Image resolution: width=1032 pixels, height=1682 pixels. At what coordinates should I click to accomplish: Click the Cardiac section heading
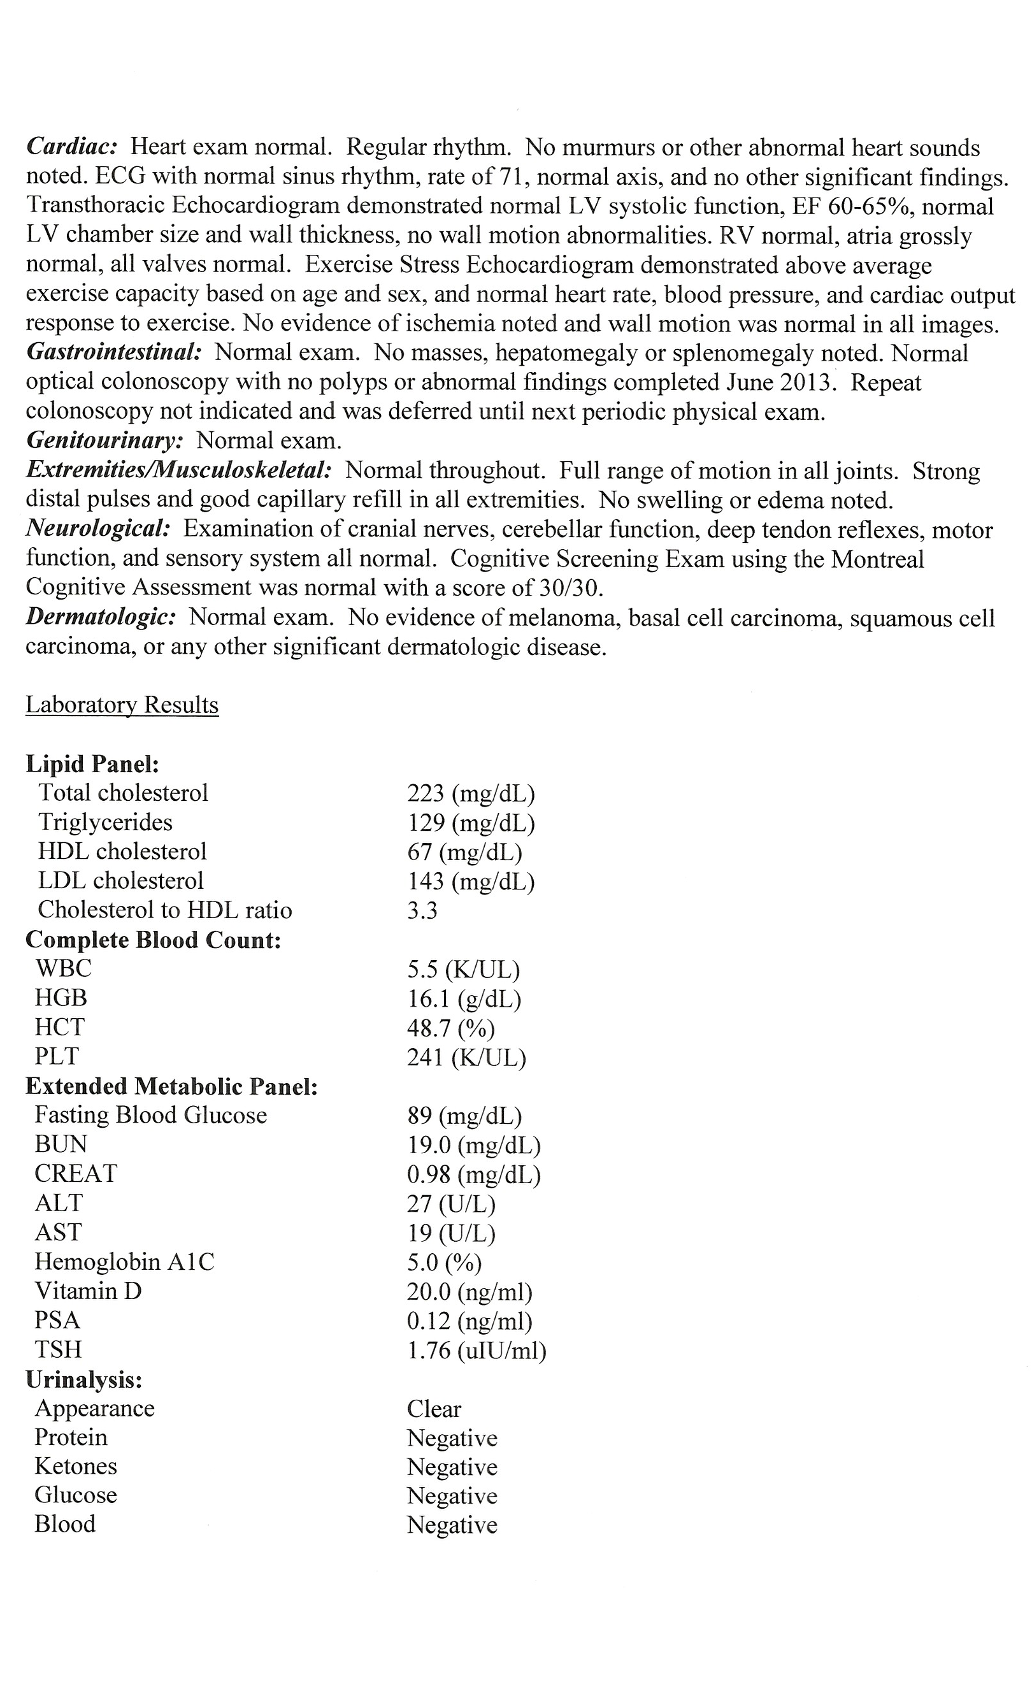(73, 147)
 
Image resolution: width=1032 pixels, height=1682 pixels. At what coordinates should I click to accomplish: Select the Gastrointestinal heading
(114, 352)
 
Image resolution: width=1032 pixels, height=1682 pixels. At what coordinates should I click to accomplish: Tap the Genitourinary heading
(104, 440)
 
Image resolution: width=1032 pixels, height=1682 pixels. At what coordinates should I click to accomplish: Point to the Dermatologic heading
(101, 617)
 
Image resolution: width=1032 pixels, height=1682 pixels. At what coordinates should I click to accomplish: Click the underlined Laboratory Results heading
(122, 705)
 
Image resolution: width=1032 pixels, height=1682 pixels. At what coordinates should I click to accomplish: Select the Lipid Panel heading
(92, 764)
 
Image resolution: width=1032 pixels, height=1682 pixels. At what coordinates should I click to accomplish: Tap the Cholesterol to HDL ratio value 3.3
(422, 910)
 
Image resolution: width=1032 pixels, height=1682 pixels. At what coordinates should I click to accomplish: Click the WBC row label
(63, 968)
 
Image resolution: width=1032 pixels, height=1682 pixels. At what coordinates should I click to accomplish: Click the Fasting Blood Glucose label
(151, 1116)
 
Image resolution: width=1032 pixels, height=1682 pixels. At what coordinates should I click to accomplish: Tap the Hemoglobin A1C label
(124, 1261)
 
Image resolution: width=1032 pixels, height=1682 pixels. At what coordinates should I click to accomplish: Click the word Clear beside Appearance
(434, 1408)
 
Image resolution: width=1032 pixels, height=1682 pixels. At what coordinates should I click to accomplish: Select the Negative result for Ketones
(452, 1466)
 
